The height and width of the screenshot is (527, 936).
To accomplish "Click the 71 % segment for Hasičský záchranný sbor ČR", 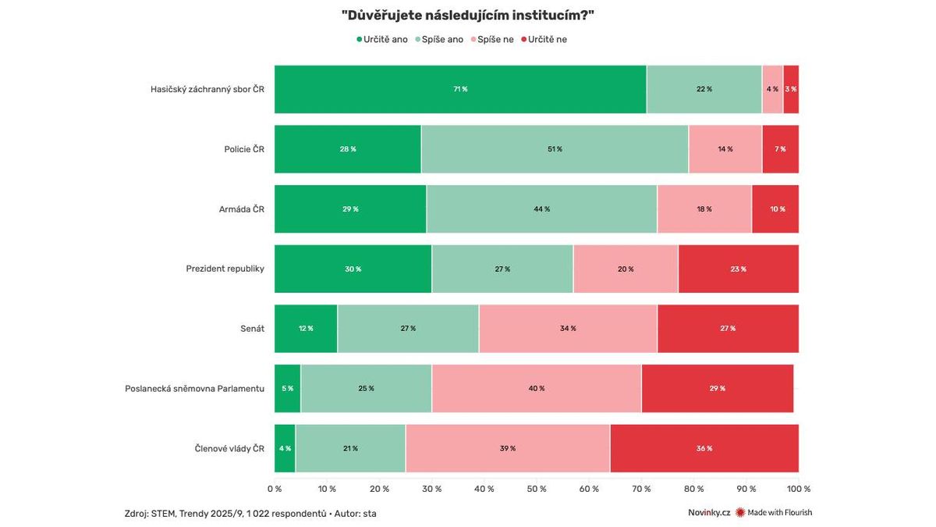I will tap(460, 89).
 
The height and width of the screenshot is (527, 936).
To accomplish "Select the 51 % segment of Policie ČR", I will tap(555, 149).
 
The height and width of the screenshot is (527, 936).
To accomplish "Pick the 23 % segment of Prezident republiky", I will tap(738, 269).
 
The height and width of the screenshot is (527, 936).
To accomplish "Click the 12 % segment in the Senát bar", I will tap(306, 329).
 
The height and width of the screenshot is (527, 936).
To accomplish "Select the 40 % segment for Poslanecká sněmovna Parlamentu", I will tap(537, 389).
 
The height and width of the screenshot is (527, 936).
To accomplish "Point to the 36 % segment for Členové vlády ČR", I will tap(704, 448).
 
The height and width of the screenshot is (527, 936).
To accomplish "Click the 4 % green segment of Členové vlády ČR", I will tap(285, 448).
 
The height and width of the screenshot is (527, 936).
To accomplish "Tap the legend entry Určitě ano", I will tap(382, 39).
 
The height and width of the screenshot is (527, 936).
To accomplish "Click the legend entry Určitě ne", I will tap(548, 39).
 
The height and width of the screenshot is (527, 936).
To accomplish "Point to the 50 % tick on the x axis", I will tap(537, 490).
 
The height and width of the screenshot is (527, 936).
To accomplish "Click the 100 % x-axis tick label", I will tap(799, 490).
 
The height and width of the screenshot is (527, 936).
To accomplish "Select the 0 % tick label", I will tap(275, 490).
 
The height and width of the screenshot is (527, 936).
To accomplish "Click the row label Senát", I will tap(252, 329).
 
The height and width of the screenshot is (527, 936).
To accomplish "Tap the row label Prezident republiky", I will tap(225, 269).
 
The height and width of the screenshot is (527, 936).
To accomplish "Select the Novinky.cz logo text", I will tap(709, 513).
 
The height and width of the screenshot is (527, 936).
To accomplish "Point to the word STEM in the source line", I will tap(165, 514).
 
